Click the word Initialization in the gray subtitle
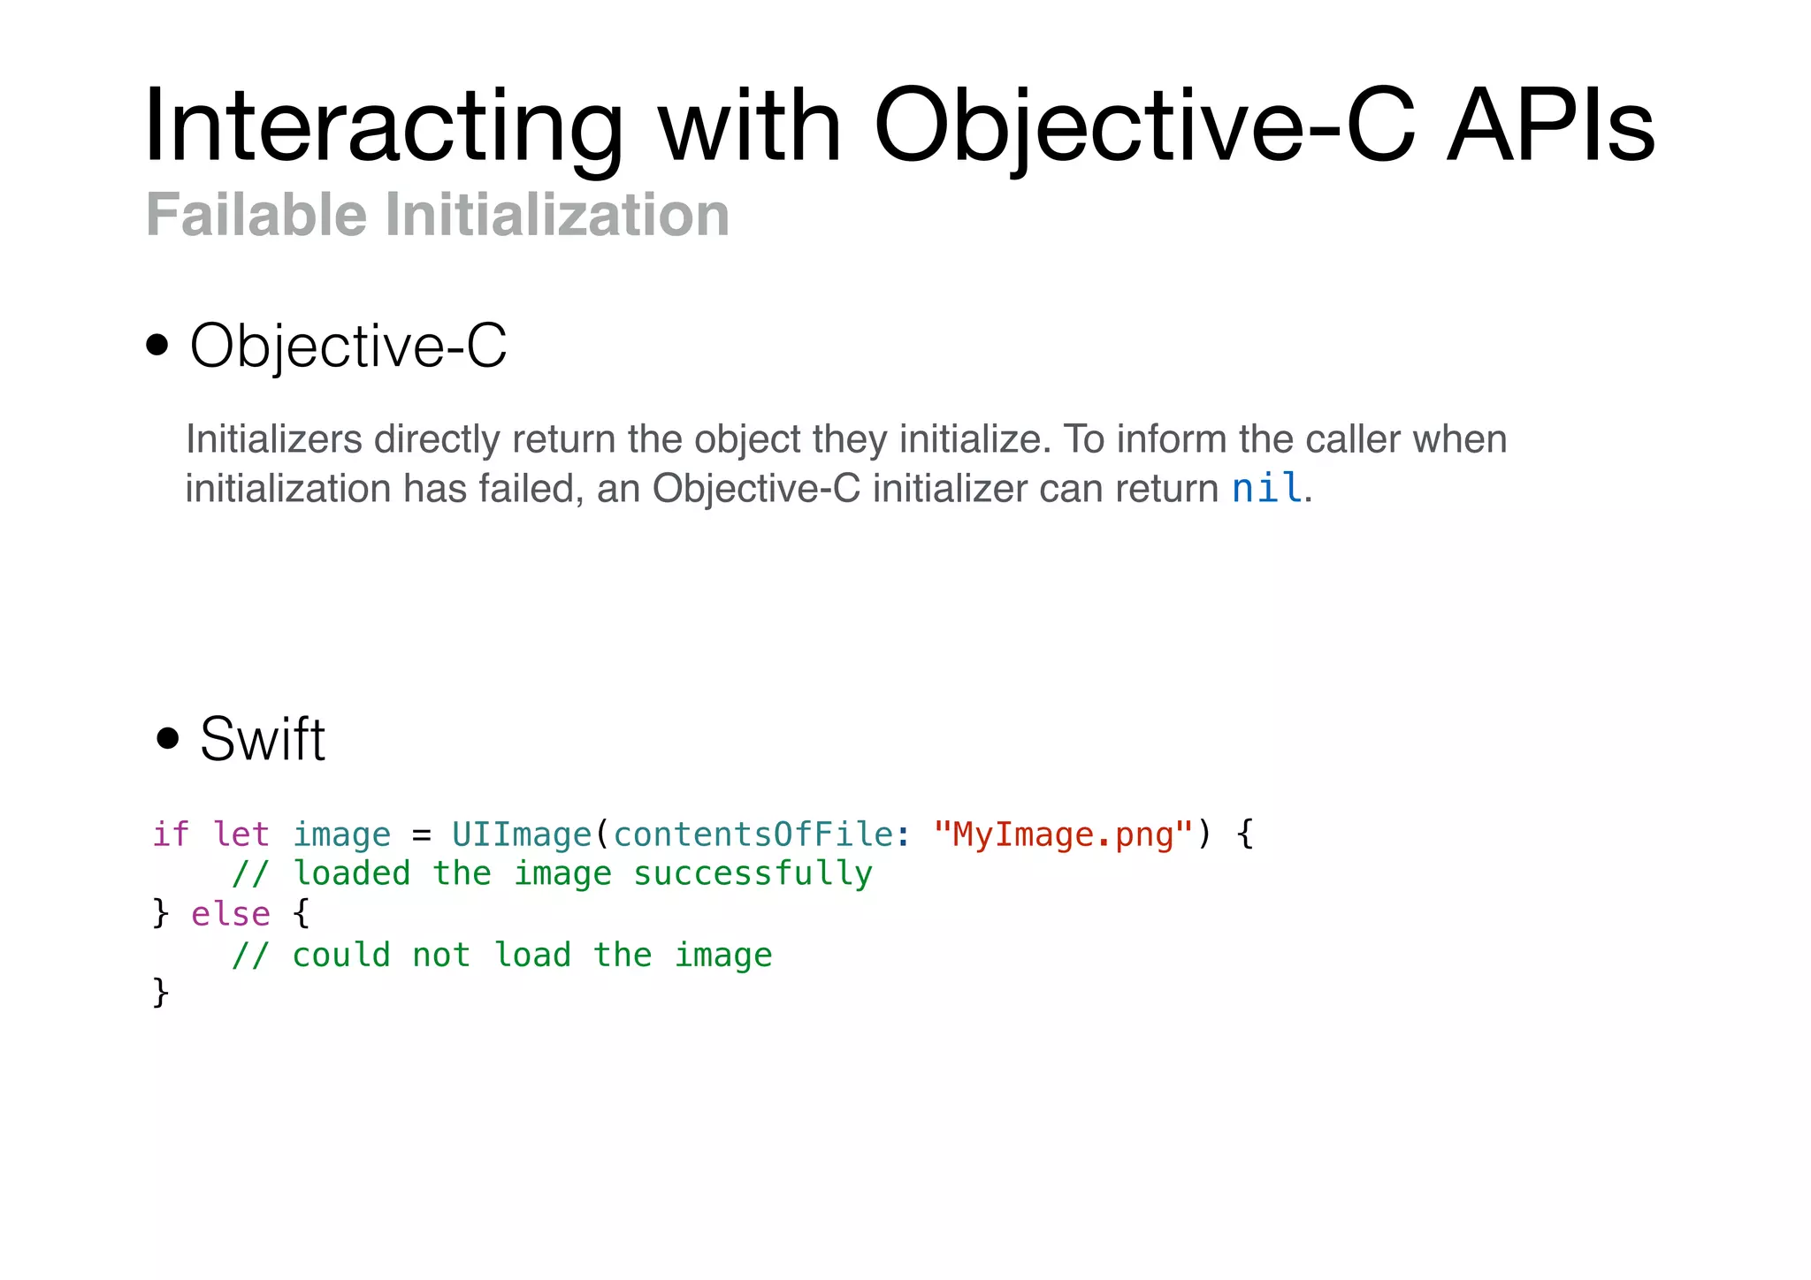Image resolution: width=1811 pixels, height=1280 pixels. click(557, 215)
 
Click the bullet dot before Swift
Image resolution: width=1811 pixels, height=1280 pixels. click(167, 737)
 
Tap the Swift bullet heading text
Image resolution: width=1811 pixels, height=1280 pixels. click(263, 739)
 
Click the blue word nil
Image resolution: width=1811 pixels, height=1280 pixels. click(1266, 488)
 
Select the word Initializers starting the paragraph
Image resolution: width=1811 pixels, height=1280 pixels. click(274, 439)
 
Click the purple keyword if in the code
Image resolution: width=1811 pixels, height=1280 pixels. click(171, 834)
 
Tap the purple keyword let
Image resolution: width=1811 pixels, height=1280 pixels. click(241, 834)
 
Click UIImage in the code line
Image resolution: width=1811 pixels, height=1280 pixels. click(521, 834)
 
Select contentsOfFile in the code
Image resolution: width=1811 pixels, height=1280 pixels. click(753, 834)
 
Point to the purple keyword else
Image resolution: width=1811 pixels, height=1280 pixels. click(231, 914)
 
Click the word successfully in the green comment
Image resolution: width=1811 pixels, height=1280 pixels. click(753, 873)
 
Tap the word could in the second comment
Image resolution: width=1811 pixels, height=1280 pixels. click(341, 955)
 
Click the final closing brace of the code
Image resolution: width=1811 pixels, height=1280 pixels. click(160, 993)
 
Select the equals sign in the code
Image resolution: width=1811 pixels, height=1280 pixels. click(422, 834)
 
